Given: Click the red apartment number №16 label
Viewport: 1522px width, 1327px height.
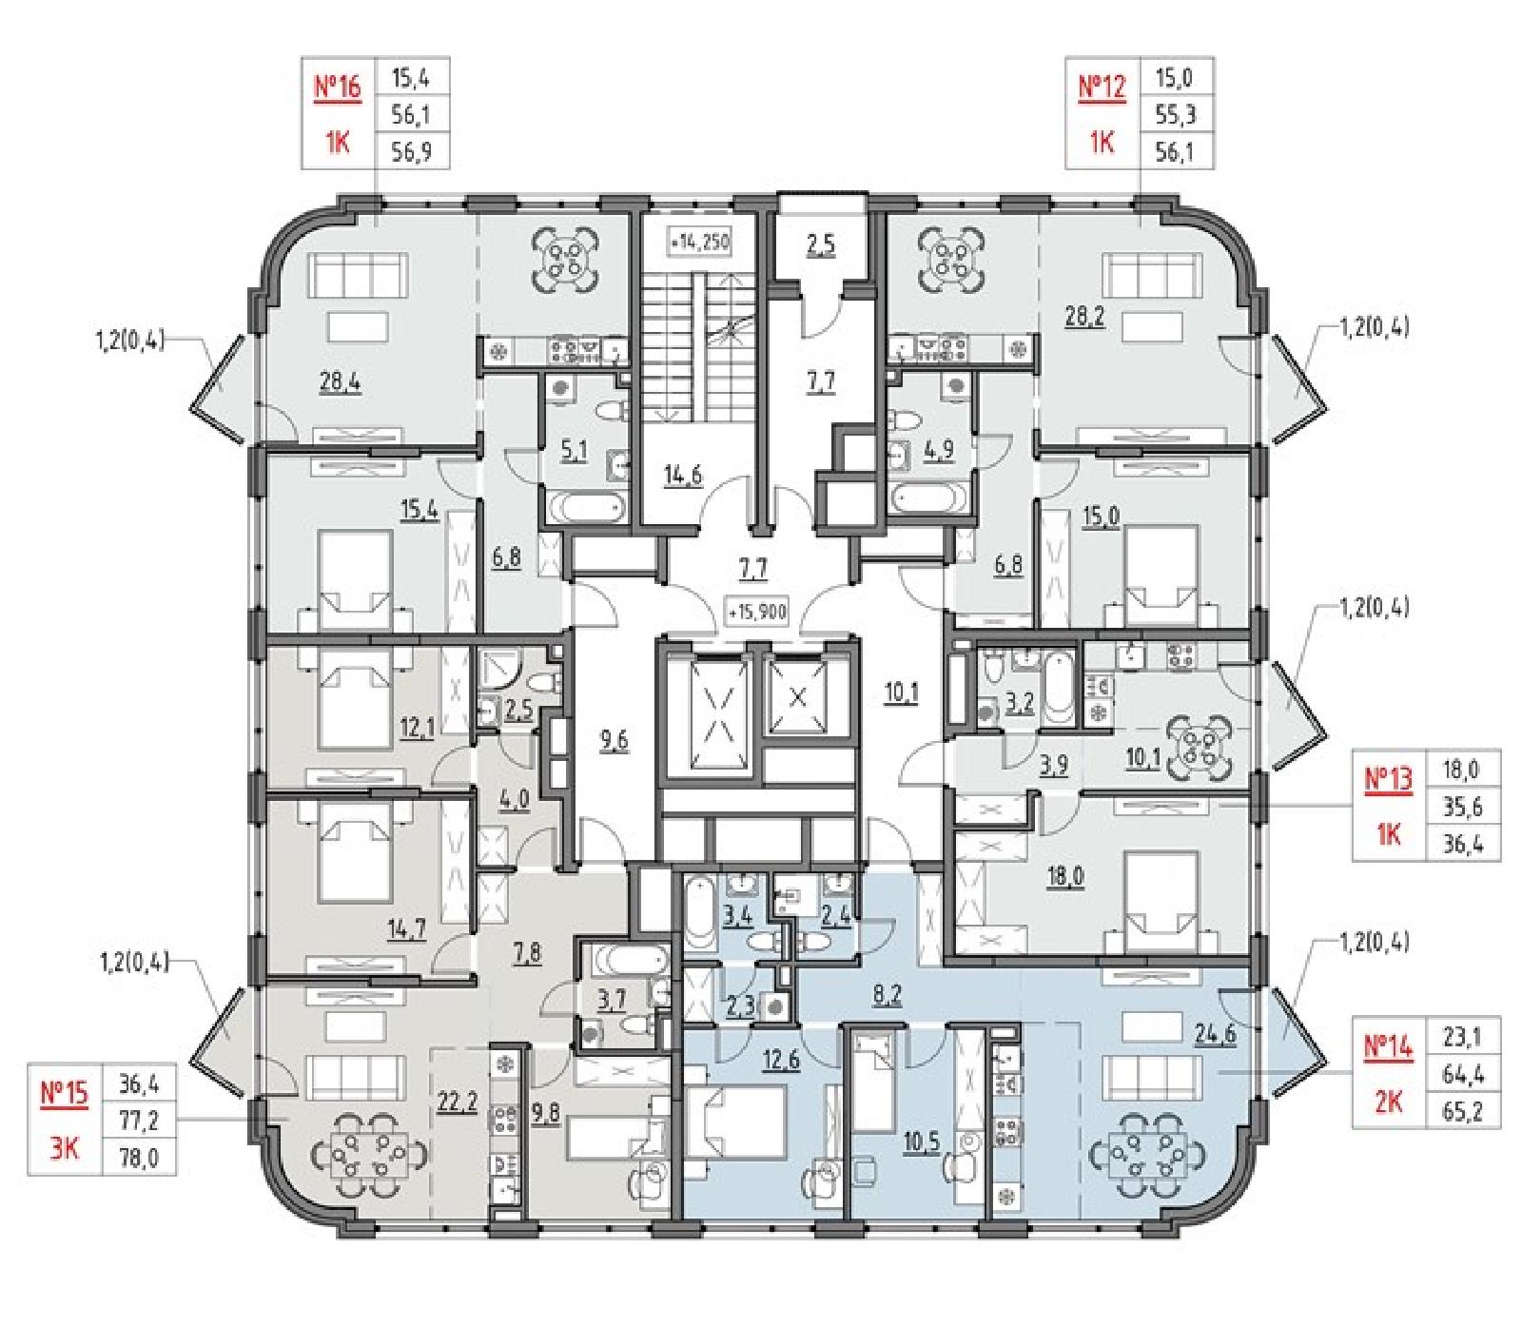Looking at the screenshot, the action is pos(338,88).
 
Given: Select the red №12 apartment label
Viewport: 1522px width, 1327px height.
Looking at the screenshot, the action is pos(1102,88).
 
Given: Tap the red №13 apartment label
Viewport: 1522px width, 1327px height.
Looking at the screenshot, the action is pos(1389,779).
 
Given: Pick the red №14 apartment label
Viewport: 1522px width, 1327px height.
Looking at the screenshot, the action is pos(1389,1045).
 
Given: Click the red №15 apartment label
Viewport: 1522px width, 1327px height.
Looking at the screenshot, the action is pos(64,1093).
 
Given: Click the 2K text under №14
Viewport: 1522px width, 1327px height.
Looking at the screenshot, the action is pos(1389,1102).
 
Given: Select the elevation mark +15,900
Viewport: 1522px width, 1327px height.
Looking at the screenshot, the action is pos(757,613).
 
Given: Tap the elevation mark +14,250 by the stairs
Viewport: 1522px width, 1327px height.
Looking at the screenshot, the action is pos(699,243).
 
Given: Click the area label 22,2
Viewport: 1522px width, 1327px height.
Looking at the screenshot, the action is pos(457,1100).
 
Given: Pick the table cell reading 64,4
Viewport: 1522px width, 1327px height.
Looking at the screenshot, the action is pos(1463,1074).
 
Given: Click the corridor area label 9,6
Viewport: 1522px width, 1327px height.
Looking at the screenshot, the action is pos(614,740).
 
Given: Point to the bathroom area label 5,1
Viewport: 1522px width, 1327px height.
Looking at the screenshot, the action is pos(574,450).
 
